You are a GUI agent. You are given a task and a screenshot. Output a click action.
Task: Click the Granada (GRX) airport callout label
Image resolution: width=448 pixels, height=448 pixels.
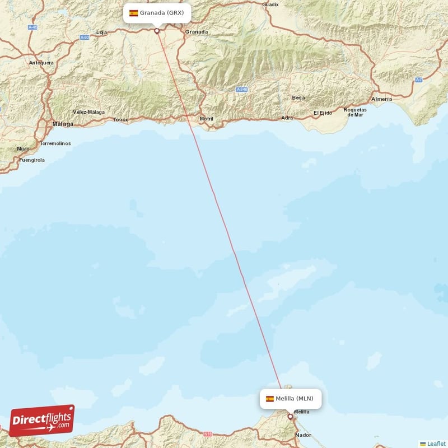coord(157,13)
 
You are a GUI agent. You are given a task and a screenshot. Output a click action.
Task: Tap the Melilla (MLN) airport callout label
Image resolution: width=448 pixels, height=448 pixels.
coord(290,399)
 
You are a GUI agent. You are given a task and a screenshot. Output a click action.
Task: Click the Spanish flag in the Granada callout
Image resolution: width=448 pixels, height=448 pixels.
coord(134,13)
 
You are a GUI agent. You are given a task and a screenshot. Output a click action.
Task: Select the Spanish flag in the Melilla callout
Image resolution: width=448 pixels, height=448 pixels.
coord(270,399)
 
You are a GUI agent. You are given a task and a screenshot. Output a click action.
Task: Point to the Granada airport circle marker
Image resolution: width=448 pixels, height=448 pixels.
coord(157,31)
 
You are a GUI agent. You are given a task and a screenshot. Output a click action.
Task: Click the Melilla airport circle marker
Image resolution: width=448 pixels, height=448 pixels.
coord(290,416)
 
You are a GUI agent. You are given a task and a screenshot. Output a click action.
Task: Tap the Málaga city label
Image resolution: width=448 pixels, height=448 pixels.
coord(63,123)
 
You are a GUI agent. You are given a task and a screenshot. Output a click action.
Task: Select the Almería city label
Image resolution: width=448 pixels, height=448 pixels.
coord(381,99)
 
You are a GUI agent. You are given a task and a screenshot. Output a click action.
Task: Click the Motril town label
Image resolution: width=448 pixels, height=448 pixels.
coord(207,119)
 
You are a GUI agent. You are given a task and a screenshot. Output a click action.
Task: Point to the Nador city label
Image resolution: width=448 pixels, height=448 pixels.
coord(303,435)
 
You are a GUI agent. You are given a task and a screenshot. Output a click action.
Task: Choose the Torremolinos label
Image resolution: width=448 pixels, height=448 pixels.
coord(55,144)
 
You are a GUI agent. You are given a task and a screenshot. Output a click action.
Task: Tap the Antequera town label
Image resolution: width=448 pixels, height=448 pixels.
coord(41,63)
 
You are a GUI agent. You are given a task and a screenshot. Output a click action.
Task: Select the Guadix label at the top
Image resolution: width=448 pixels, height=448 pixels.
coord(270,4)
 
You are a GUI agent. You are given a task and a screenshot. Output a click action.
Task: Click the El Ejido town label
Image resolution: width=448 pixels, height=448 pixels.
coord(323,113)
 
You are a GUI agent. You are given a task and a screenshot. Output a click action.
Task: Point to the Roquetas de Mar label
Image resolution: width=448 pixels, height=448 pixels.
coord(355,112)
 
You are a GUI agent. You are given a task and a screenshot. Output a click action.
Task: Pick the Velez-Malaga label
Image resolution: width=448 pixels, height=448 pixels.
coord(88,112)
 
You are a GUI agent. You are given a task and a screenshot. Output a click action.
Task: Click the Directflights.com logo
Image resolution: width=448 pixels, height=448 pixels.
coord(42,421)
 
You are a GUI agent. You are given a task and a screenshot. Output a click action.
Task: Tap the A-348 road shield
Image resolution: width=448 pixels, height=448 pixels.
coord(241,90)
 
